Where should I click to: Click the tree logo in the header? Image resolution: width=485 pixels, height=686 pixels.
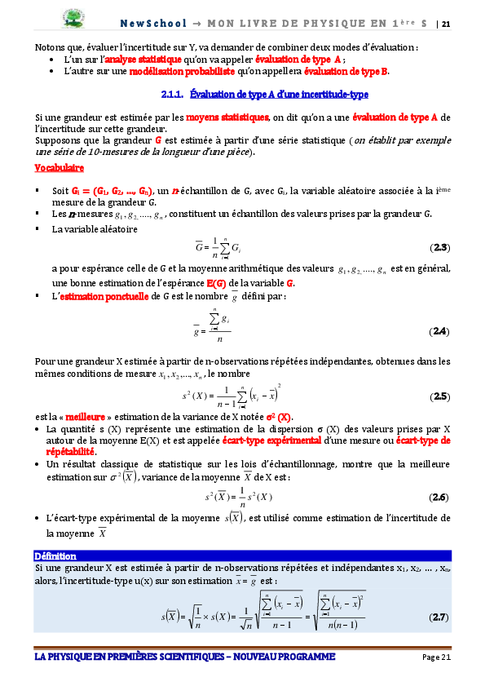(x=76, y=18)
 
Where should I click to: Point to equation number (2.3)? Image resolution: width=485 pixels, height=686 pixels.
(x=439, y=246)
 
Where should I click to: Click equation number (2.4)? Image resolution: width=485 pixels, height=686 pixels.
(x=439, y=331)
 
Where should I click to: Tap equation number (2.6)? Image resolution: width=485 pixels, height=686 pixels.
(x=439, y=497)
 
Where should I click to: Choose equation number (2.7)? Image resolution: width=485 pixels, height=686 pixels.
(x=439, y=617)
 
